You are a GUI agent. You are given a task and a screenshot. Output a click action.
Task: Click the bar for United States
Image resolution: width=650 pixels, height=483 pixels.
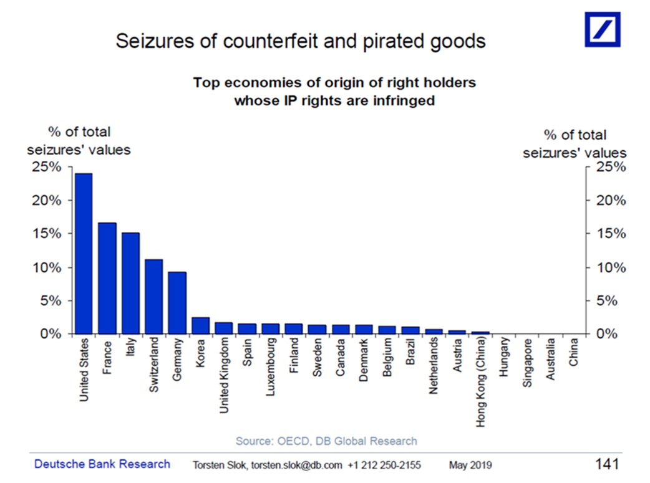click(x=84, y=254)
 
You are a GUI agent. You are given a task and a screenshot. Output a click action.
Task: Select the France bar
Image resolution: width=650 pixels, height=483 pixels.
click(x=107, y=278)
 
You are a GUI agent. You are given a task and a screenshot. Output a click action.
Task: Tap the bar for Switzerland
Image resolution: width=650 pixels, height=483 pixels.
click(x=154, y=297)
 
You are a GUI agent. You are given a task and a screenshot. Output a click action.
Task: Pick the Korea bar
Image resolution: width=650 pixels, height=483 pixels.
click(x=201, y=325)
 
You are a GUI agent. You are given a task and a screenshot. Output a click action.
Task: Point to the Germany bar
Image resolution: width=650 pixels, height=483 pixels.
click(x=177, y=303)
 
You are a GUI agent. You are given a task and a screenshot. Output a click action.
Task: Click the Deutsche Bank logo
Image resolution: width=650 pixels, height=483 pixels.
click(x=603, y=29)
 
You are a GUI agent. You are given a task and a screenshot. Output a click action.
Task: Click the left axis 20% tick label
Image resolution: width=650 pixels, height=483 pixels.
click(x=46, y=201)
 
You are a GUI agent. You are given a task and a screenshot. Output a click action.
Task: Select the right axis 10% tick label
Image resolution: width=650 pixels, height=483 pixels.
click(x=611, y=267)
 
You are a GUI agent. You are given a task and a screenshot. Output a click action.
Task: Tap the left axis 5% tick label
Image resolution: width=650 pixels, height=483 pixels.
click(x=51, y=301)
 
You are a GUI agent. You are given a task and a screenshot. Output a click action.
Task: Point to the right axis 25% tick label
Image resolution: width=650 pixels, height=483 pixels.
click(x=611, y=167)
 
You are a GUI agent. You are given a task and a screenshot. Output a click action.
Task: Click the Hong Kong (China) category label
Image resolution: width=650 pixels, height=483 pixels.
click(x=480, y=381)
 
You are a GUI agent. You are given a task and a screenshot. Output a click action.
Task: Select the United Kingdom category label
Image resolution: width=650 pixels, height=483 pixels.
click(x=224, y=375)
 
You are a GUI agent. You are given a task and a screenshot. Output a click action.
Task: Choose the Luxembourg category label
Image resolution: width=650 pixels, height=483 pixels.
click(x=270, y=366)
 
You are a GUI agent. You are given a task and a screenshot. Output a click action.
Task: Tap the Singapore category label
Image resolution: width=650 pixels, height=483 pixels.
click(x=527, y=363)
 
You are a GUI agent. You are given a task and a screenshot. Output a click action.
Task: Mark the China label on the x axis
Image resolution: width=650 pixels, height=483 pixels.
click(x=573, y=352)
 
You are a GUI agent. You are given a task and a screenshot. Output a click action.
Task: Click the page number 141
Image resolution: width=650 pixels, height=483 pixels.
click(x=608, y=464)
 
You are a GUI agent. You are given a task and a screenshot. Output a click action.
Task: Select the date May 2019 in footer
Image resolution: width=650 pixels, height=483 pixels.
click(x=470, y=465)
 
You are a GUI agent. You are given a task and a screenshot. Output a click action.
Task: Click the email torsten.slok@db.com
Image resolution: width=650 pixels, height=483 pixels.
click(x=297, y=465)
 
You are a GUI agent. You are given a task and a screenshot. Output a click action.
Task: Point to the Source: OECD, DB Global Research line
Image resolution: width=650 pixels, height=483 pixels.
click(x=326, y=441)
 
